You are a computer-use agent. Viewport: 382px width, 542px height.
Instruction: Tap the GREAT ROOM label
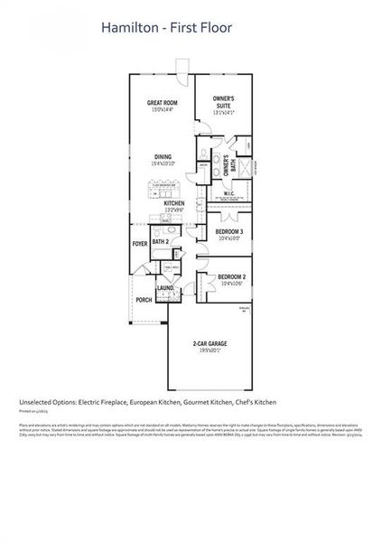click(x=163, y=104)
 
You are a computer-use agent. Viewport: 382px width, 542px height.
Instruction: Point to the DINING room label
click(x=163, y=157)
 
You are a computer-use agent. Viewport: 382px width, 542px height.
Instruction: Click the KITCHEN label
click(x=174, y=204)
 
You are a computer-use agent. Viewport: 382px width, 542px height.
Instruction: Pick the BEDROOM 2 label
click(x=230, y=276)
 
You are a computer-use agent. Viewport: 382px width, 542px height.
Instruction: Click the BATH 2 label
click(x=161, y=242)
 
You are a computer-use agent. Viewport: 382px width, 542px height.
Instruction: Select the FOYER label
click(x=140, y=244)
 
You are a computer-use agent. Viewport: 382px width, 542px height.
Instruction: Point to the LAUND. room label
click(x=164, y=288)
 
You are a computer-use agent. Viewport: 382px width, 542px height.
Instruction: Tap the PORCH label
click(x=144, y=300)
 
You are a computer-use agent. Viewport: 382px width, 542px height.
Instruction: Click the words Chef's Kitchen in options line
click(x=255, y=402)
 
